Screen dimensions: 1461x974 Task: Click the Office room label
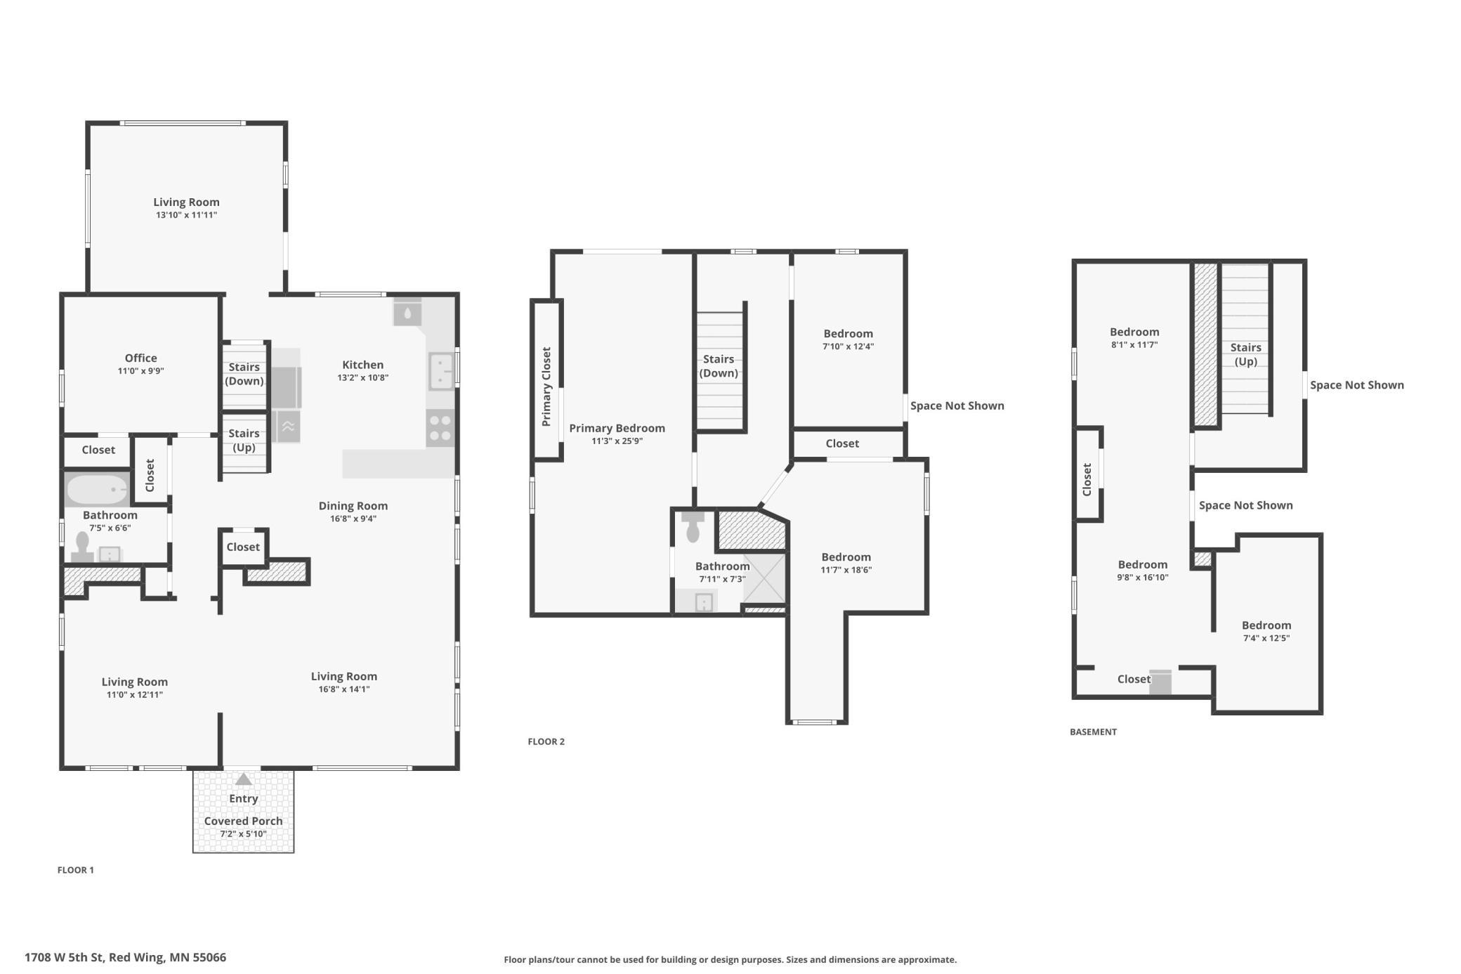(140, 358)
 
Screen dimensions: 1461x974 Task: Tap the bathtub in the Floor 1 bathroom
(98, 489)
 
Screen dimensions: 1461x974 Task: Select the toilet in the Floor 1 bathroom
(82, 547)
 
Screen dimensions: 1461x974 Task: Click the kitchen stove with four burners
(440, 428)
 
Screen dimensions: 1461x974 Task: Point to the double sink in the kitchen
(441, 371)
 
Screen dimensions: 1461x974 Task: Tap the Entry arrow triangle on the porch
(243, 779)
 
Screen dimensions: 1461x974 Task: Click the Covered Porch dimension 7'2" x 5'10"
(243, 834)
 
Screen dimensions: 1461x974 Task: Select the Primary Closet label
(546, 387)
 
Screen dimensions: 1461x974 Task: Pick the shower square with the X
(764, 578)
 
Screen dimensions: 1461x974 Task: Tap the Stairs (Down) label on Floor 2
(719, 366)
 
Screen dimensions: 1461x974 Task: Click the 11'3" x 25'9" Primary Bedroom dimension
(617, 441)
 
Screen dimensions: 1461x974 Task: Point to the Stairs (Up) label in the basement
(1245, 354)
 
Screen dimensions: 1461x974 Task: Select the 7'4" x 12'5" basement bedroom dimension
(1266, 638)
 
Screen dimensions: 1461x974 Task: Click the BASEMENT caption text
(1093, 732)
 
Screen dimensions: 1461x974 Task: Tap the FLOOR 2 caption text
(546, 741)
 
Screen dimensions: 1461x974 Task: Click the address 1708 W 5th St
(65, 957)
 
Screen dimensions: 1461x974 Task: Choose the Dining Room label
(353, 506)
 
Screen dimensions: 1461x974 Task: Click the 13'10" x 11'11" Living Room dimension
(186, 215)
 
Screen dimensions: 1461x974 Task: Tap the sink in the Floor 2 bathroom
(704, 602)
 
